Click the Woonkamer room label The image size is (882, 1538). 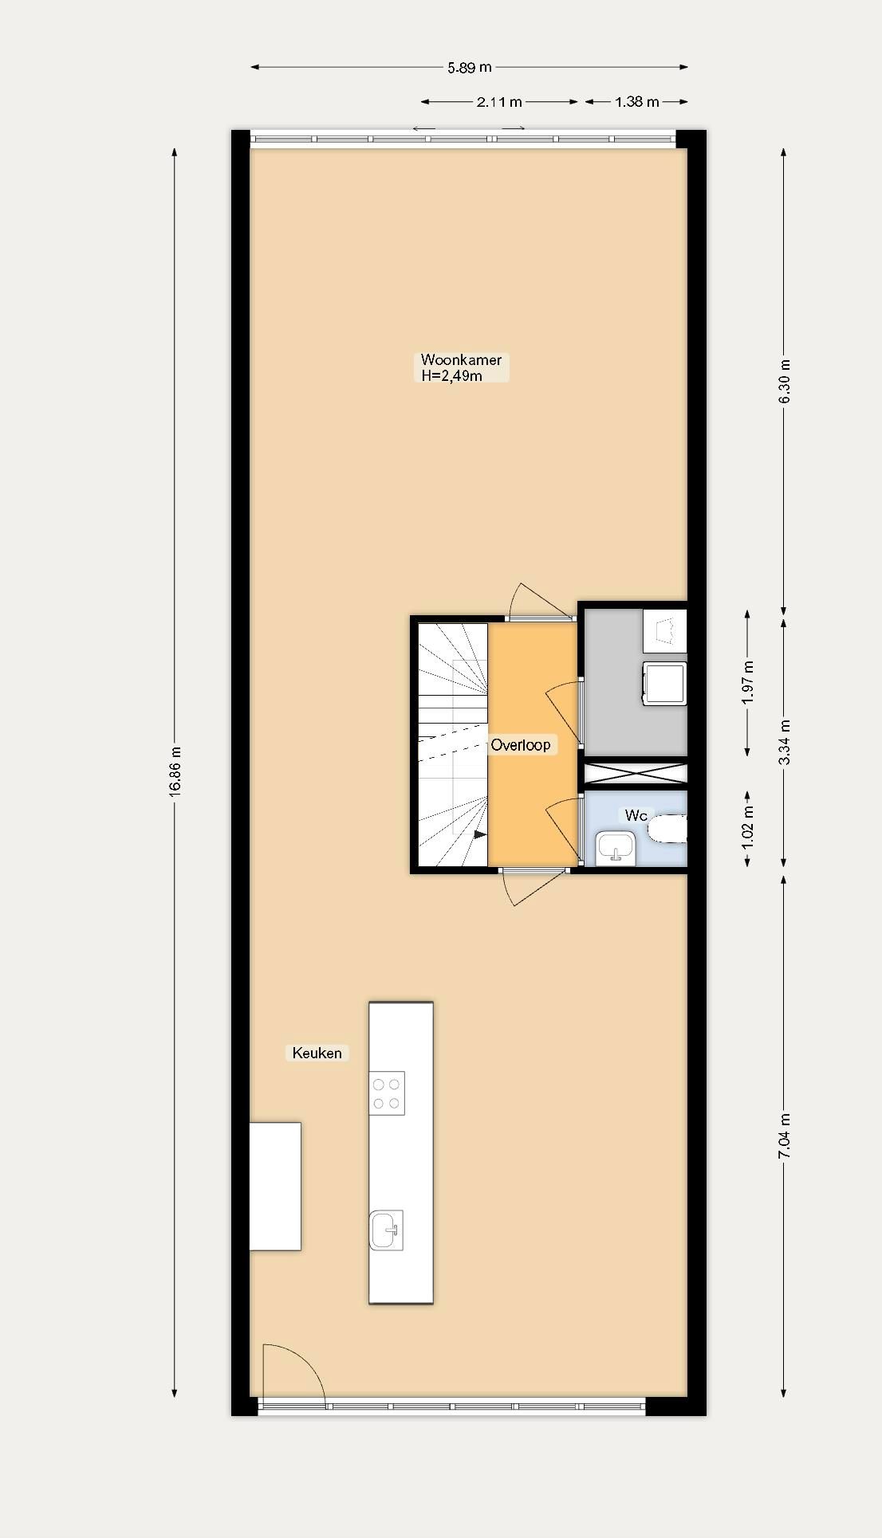click(x=461, y=360)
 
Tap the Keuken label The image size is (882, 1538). click(x=317, y=1053)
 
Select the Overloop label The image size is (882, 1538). click(x=520, y=745)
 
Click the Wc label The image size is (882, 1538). click(x=636, y=815)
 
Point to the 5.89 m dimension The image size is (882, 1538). click(x=469, y=68)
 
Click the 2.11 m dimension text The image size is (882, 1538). click(x=499, y=102)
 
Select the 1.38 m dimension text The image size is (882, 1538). click(x=636, y=102)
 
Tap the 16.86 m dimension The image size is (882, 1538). click(x=175, y=771)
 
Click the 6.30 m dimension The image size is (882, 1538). click(x=784, y=379)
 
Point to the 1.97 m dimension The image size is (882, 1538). click(x=747, y=683)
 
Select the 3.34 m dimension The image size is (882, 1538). click(x=784, y=742)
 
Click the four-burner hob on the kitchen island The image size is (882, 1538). click(x=387, y=1093)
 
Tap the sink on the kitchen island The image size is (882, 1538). click(x=387, y=1230)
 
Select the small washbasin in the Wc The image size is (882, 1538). click(x=615, y=847)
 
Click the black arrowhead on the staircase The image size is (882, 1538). click(x=480, y=834)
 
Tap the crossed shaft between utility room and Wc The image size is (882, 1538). click(x=636, y=773)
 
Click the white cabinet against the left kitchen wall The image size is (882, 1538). click(x=275, y=1186)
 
